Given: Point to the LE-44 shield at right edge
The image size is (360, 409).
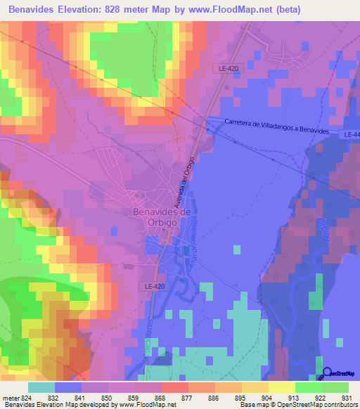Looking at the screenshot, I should click(x=352, y=134).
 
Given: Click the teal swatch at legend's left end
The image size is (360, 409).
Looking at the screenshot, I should click(x=41, y=387).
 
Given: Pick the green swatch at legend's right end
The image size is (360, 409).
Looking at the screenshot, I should click(x=335, y=387).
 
